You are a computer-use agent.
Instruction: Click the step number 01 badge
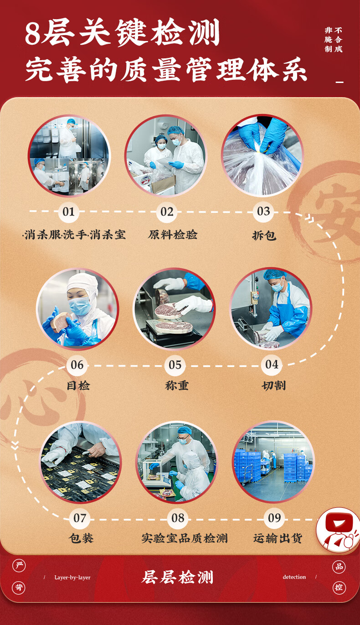[x=68, y=212]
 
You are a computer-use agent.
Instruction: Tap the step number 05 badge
[x=175, y=365]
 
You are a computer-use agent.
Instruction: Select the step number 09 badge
[x=274, y=518]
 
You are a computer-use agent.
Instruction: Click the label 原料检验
[x=173, y=235]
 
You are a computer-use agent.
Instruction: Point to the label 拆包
[x=264, y=236]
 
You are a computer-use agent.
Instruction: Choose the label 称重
[x=176, y=386]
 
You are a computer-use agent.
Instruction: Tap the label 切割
[x=273, y=386]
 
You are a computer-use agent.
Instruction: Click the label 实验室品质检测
[x=184, y=538]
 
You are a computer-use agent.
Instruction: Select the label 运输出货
[x=278, y=538]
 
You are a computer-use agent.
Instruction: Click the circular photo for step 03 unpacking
[x=262, y=155]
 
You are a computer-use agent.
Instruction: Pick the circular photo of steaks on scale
[x=175, y=309]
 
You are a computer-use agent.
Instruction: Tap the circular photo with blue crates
[x=273, y=462]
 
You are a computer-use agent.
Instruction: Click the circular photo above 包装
[x=81, y=462]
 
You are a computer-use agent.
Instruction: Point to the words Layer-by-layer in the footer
[x=72, y=578]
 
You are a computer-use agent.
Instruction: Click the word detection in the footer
[x=294, y=577]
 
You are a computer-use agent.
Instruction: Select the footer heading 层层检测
[x=177, y=578]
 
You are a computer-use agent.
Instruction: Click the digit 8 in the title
[x=33, y=34]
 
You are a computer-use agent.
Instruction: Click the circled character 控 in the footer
[x=338, y=587]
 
